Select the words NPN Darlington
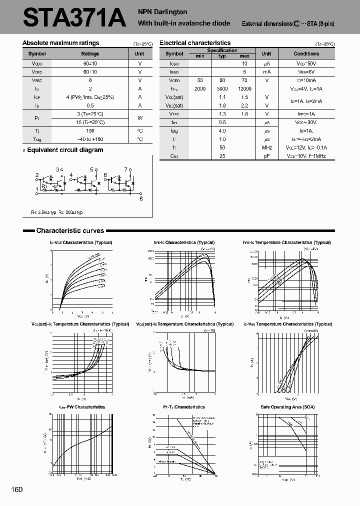click(x=162, y=11)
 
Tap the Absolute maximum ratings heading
click(x=60, y=43)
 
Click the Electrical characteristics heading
click(x=195, y=43)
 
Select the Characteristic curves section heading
click(x=70, y=230)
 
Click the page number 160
click(x=17, y=489)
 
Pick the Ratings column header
click(x=90, y=53)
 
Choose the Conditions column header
click(x=306, y=53)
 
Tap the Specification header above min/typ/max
click(x=222, y=50)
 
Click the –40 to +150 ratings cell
click(x=90, y=139)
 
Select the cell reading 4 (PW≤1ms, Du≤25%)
click(x=90, y=96)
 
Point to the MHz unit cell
click(x=266, y=147)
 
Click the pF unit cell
click(x=266, y=156)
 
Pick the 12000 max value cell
click(x=244, y=88)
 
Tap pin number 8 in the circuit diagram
click(x=141, y=198)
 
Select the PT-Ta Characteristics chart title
click(x=184, y=407)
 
